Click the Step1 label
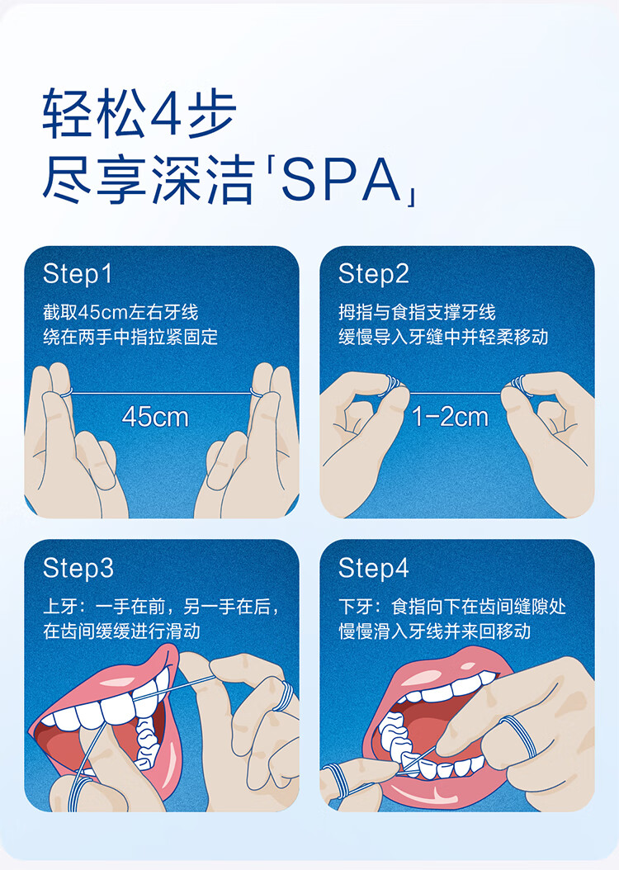click(78, 274)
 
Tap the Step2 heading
click(373, 274)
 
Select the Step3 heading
click(78, 568)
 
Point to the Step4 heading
click(373, 568)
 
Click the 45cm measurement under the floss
click(155, 417)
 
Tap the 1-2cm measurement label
click(451, 417)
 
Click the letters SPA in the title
click(341, 180)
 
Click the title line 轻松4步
click(139, 114)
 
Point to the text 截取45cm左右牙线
click(120, 312)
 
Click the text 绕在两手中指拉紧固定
click(130, 337)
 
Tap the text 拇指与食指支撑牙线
click(417, 312)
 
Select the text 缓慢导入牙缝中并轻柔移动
click(443, 337)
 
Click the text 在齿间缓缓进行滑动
click(121, 631)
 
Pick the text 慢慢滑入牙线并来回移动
click(435, 631)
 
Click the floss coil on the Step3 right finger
click(285, 695)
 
